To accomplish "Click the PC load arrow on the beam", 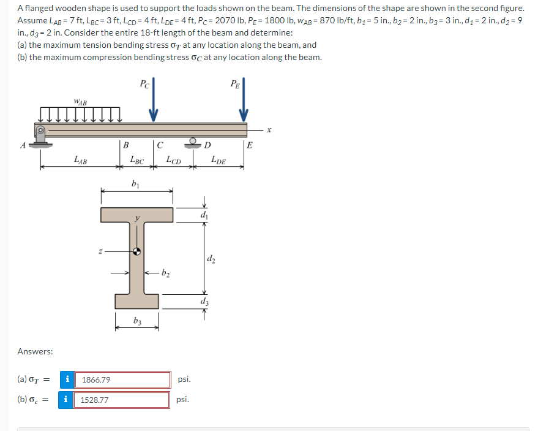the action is [154, 100].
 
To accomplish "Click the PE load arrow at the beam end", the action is [244, 100].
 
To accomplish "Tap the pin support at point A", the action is [40, 137].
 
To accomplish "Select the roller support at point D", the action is [193, 143].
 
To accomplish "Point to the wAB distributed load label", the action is [80, 102].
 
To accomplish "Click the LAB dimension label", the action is [81, 160].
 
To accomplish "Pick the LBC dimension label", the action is [137, 160].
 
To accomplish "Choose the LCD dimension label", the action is [174, 160].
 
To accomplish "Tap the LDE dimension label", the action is [219, 160].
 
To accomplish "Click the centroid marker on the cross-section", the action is [136, 251].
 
